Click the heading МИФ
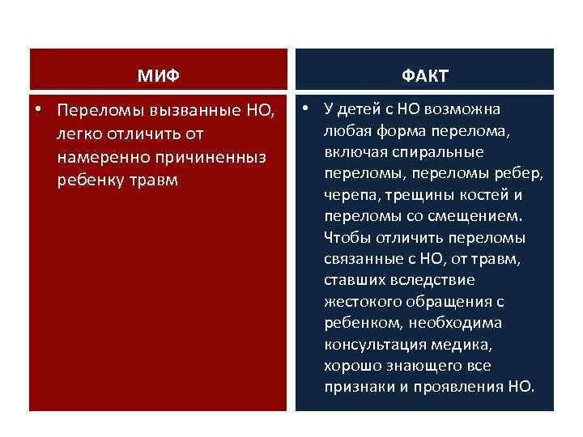click(158, 76)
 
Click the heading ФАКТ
click(424, 76)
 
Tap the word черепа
click(348, 195)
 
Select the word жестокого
click(362, 302)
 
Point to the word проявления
click(455, 387)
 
